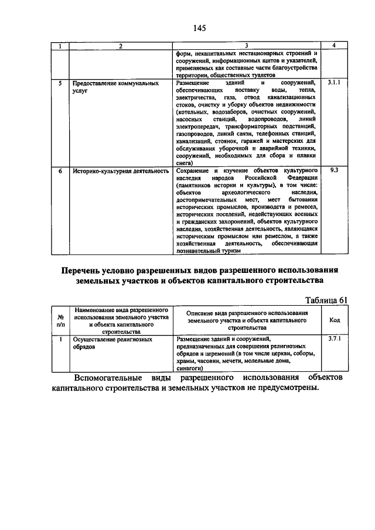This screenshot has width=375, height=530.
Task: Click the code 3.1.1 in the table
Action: pos(334,83)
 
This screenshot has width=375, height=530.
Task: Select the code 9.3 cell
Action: pos(334,169)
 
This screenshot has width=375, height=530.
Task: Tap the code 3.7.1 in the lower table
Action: pos(335,338)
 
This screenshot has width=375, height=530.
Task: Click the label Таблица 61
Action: pos(325,300)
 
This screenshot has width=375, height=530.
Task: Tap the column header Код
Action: pos(335,320)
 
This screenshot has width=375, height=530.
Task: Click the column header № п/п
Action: pos(60,320)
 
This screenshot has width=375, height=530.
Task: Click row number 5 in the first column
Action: pos(60,83)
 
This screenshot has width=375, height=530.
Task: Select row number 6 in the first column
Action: pos(60,171)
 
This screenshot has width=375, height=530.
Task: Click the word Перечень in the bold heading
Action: pos(87,270)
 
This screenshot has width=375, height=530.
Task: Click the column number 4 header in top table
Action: pos(334,46)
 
